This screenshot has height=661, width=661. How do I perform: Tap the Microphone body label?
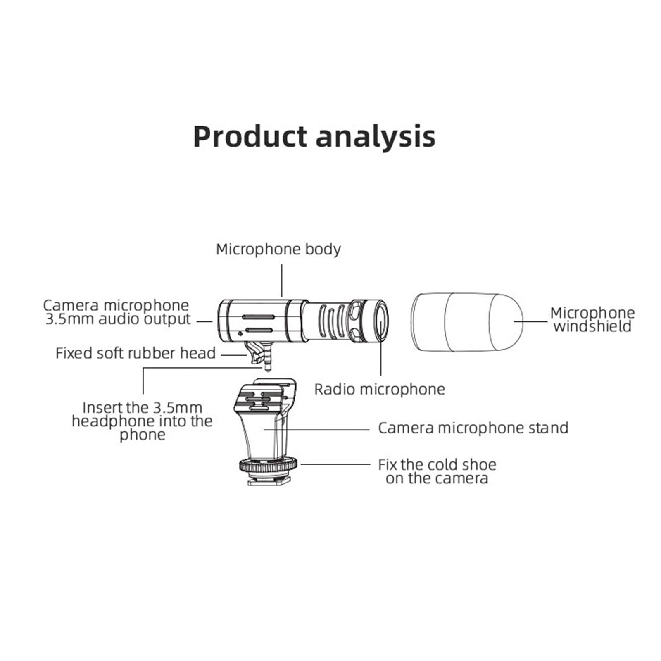pos(278,249)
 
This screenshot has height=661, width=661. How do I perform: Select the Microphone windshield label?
pos(592,319)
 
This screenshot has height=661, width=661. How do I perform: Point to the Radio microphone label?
pos(379,389)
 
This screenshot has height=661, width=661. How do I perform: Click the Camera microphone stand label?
pos(473,428)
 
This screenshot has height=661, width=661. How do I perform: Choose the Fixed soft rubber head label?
pos(136,353)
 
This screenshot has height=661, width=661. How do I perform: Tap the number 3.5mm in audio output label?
pos(69,319)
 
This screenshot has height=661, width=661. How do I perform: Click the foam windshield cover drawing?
pos(467,322)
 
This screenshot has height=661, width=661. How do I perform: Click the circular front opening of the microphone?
pos(381,321)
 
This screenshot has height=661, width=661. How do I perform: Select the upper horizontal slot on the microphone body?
pos(259,317)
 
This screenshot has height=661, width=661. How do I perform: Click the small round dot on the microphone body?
pos(240,333)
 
